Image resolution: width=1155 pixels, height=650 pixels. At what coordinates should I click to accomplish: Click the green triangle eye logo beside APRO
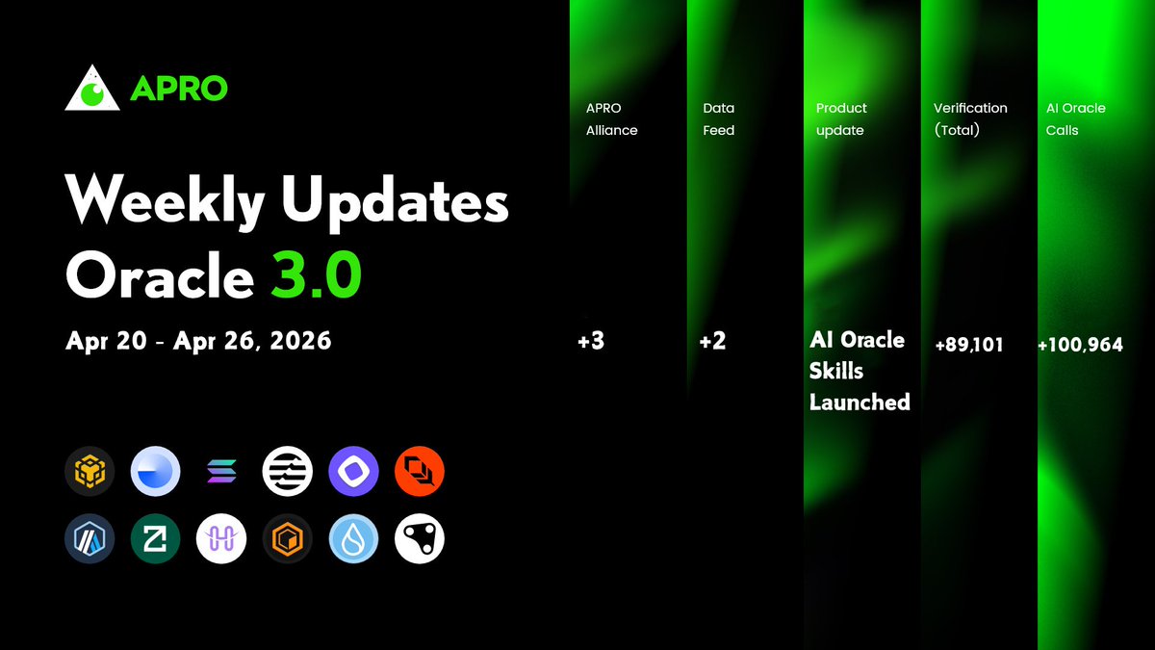tap(92, 89)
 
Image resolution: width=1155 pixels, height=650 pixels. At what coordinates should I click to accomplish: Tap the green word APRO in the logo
tap(178, 89)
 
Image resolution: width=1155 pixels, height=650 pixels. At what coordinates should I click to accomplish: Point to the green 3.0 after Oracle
tap(315, 276)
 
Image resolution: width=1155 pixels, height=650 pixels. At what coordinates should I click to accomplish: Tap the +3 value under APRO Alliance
tap(591, 342)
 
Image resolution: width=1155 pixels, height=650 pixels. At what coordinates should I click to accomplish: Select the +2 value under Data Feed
tap(712, 342)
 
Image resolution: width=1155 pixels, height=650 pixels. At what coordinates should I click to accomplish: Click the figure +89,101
tap(968, 344)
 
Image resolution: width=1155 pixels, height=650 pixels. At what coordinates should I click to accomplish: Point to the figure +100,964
tap(1080, 344)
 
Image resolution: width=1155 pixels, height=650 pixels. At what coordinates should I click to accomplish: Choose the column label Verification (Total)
tap(970, 119)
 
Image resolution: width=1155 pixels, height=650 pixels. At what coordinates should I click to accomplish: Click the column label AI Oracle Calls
tap(1076, 119)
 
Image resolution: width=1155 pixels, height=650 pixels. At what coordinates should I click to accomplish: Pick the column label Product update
tap(841, 119)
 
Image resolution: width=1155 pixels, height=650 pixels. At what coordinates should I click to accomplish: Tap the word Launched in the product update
tap(860, 402)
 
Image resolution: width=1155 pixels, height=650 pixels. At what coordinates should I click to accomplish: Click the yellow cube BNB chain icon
tap(90, 471)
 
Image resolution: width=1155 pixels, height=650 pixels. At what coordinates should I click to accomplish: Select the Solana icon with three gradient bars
tap(221, 471)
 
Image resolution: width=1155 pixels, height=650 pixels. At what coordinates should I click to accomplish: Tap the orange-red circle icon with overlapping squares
tap(420, 471)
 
